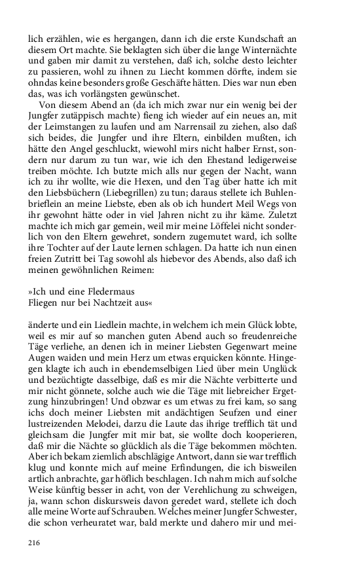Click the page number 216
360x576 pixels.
[34, 543]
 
